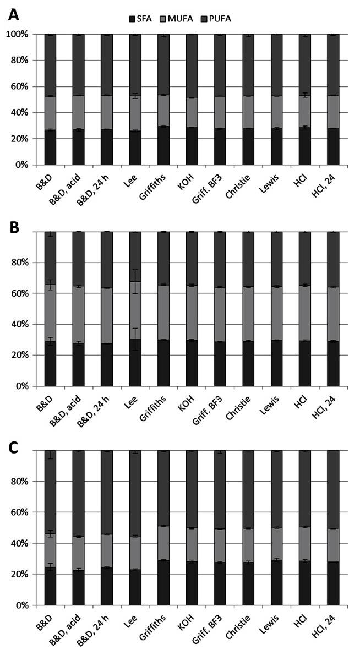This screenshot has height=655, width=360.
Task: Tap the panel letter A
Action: (13, 15)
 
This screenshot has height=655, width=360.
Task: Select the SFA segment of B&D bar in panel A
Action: (51, 148)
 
